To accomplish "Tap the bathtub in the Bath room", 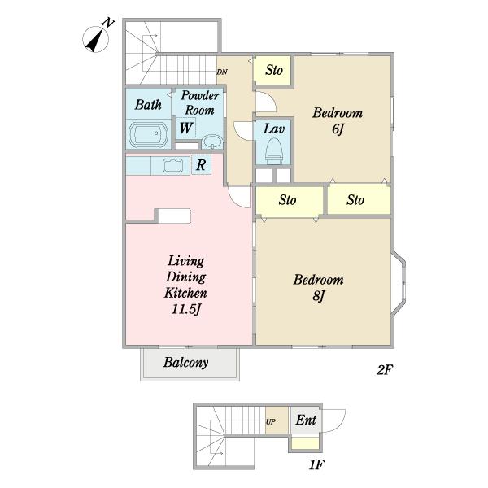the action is click(149, 134).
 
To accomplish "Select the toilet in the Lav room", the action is click(274, 150).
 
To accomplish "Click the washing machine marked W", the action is click(185, 128).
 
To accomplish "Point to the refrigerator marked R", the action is click(201, 164).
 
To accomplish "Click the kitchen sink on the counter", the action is click(172, 165).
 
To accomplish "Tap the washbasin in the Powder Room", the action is click(212, 142).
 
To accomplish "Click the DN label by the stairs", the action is click(222, 72).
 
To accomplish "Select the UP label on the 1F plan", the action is click(271, 421).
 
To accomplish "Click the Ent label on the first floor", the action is click(306, 420).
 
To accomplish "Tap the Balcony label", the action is click(185, 363).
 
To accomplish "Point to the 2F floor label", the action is click(385, 370).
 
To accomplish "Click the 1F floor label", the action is click(316, 465).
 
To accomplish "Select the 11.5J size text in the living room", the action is click(185, 309).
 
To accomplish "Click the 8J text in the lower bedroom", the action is click(318, 296).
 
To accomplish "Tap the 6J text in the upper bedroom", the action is click(338, 129).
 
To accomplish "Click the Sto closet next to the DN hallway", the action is click(273, 70).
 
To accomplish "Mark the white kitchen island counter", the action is click(174, 216).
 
